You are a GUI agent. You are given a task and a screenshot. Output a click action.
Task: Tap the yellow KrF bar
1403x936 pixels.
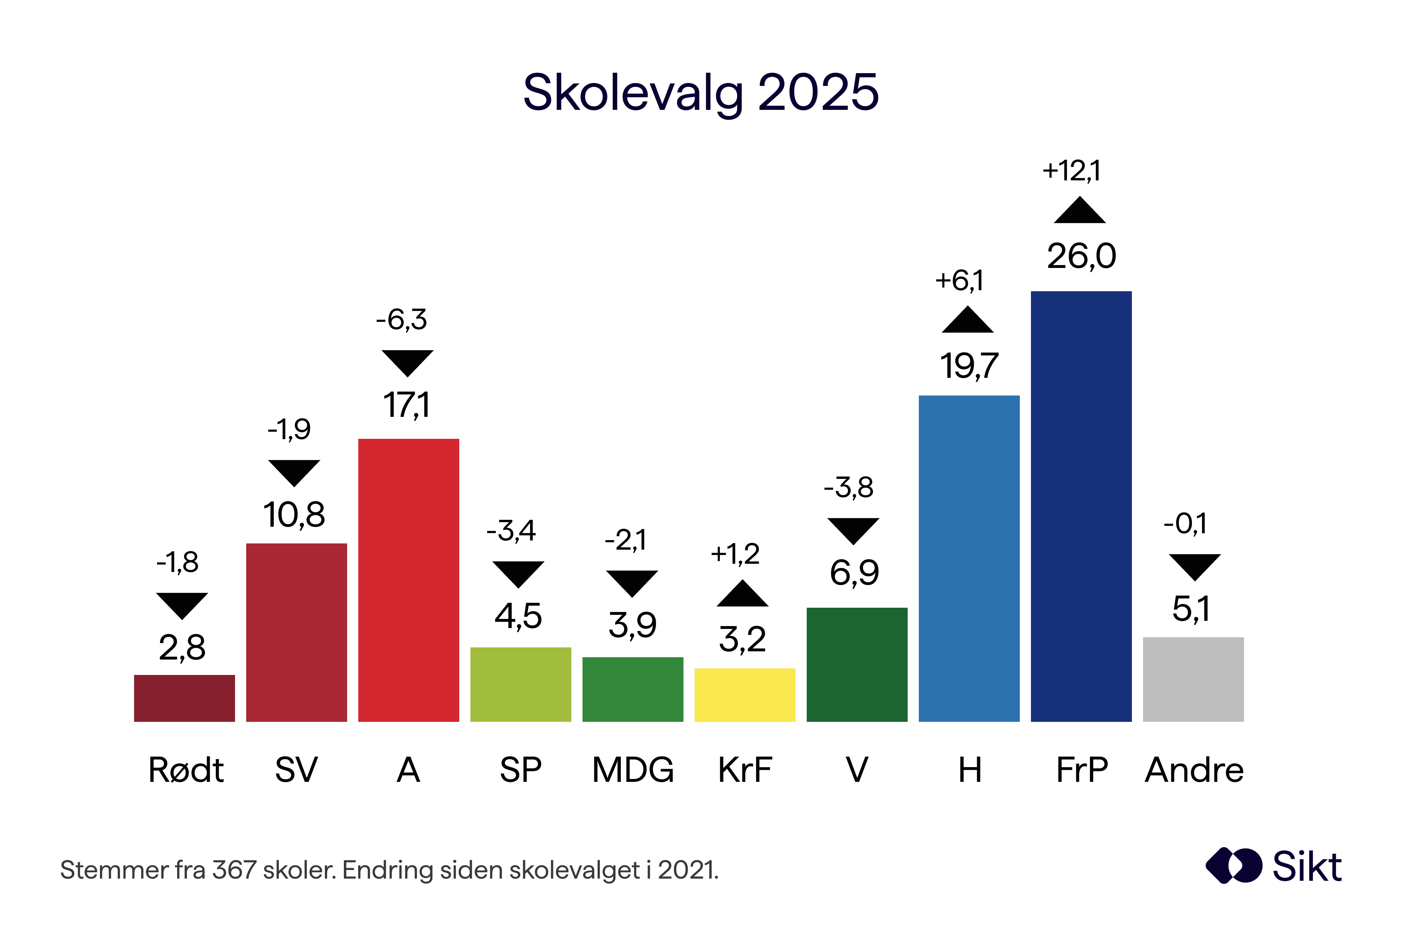[744, 695]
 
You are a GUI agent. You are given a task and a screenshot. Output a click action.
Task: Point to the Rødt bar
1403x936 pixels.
[184, 699]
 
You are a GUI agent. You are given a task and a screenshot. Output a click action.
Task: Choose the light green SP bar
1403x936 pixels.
[520, 685]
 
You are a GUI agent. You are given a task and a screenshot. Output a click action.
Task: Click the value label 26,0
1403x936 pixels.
[1081, 257]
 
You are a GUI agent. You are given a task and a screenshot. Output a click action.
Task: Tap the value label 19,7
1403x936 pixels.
[969, 366]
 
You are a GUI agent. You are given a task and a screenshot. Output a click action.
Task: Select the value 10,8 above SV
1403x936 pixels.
[294, 515]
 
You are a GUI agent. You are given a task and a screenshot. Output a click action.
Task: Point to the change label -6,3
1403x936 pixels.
[402, 320]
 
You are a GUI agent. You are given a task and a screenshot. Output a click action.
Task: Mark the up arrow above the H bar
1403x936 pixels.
[968, 320]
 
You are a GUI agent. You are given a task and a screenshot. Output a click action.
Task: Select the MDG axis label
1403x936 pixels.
[633, 770]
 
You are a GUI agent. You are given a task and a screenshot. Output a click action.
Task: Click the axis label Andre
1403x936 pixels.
[1194, 770]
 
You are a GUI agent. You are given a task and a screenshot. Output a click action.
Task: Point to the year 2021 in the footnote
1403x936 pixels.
[686, 870]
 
